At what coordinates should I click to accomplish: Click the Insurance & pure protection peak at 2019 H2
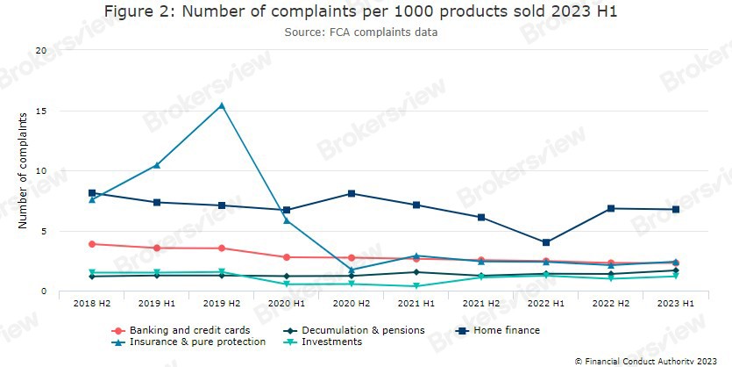click(222, 105)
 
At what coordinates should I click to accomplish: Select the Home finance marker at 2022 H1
click(546, 242)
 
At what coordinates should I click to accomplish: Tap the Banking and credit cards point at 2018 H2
click(92, 244)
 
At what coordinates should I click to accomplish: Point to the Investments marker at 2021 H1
click(416, 286)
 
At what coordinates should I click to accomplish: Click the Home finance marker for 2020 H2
click(352, 193)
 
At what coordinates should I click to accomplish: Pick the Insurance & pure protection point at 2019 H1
click(157, 165)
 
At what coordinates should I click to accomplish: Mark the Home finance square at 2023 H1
click(676, 210)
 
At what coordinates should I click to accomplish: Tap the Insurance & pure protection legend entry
click(192, 342)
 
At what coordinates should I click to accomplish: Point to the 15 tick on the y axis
click(40, 112)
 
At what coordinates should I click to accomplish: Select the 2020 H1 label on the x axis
click(287, 302)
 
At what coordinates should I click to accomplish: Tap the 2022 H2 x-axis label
click(611, 302)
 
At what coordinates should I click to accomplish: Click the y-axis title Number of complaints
click(23, 171)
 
